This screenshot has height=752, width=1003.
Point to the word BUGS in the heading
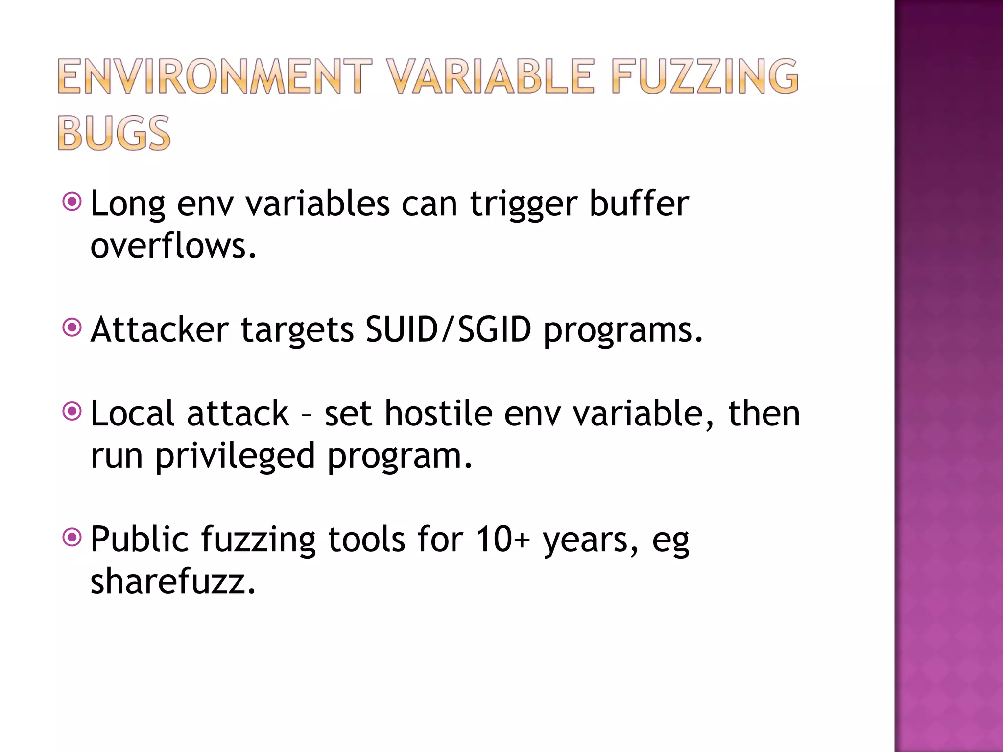114,133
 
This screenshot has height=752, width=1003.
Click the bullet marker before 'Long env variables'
72,201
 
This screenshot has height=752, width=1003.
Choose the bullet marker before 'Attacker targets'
72,327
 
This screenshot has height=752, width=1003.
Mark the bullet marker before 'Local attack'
72,411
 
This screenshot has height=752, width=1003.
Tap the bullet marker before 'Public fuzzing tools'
72,538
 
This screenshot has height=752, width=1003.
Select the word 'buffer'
639,203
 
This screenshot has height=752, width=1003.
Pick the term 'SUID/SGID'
448,329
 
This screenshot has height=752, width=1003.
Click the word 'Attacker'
160,329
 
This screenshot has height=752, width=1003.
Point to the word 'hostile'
438,413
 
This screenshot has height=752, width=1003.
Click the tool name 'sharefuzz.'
173,582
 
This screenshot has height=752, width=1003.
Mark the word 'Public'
140,540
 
